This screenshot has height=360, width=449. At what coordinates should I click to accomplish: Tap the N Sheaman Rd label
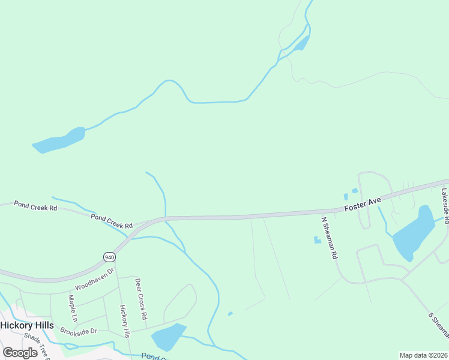coord(330,238)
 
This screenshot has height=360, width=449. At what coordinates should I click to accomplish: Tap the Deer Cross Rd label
coord(141,298)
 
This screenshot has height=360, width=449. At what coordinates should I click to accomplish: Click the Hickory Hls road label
coord(125,322)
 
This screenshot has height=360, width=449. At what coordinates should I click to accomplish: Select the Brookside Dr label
coord(79,331)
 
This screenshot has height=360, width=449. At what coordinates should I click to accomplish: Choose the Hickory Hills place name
coord(27,325)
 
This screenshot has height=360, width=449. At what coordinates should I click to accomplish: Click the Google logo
coord(20,352)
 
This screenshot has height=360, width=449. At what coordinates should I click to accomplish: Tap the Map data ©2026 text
coord(423,355)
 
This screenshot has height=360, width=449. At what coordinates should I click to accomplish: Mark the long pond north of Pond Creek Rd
coord(59,140)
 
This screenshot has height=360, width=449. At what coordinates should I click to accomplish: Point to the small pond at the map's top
coord(302,44)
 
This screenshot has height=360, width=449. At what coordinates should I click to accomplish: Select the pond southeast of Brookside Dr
coord(168,337)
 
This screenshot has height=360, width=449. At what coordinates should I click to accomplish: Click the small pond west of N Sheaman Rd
coord(316,240)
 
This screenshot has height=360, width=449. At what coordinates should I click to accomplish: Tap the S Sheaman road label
coord(439,324)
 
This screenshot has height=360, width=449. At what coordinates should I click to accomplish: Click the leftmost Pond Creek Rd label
coord(35,207)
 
